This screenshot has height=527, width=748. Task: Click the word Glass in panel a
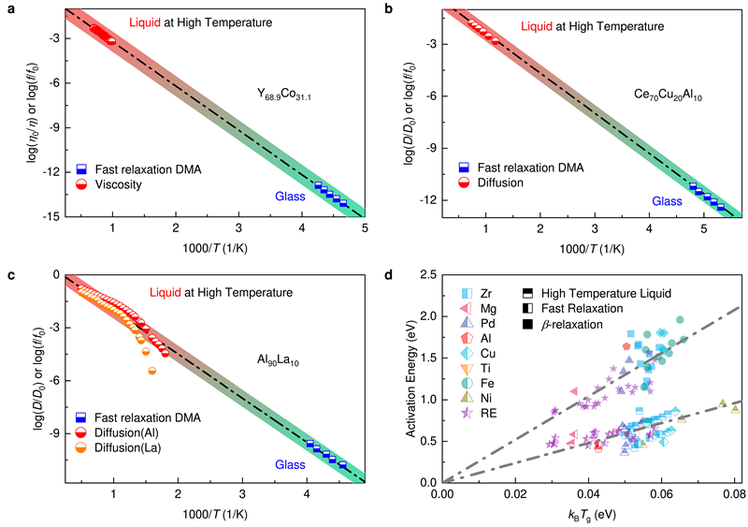click(290, 198)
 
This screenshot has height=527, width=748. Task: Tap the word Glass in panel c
click(290, 463)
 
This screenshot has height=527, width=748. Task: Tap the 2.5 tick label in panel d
click(427, 274)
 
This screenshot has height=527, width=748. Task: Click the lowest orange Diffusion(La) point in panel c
click(152, 372)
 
